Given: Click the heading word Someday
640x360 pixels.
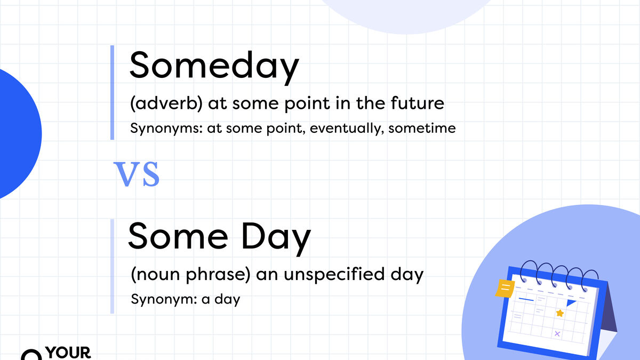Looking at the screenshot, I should (x=214, y=67).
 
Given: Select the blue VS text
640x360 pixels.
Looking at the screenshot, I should (x=137, y=174).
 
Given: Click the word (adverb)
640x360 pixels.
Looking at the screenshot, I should (x=166, y=103).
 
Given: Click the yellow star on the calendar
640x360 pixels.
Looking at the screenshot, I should (x=559, y=313).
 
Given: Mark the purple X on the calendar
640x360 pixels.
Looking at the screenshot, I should (x=557, y=334).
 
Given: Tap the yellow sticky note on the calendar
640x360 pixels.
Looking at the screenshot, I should (x=505, y=289).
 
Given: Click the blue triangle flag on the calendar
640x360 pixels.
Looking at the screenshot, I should (x=571, y=303).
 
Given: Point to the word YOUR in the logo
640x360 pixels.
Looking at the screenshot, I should (x=69, y=354).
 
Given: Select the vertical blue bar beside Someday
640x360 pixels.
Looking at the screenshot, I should (x=113, y=92).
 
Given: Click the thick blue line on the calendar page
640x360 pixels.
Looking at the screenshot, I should (x=526, y=300).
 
